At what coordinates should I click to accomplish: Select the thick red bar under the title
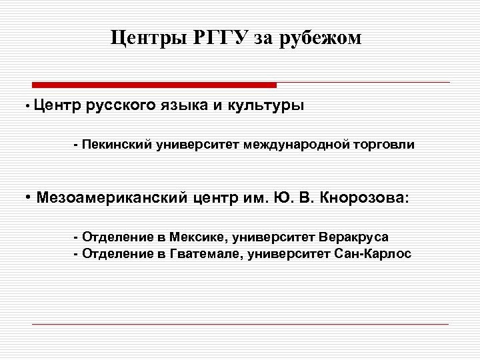(154, 85)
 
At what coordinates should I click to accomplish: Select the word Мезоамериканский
(113, 197)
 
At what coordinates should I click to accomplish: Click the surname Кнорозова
(363, 197)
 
